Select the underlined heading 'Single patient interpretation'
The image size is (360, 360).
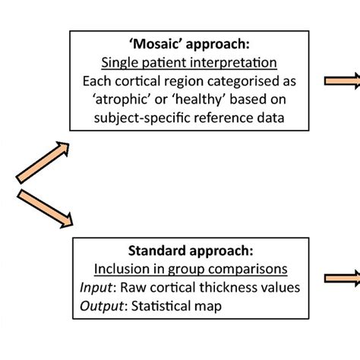(x=196, y=63)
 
